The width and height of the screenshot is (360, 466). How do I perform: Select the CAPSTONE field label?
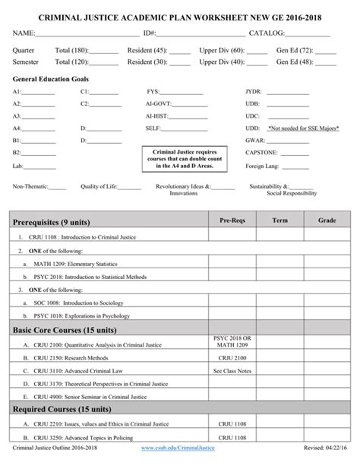[264, 153]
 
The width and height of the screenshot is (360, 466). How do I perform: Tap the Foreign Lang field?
[264, 165]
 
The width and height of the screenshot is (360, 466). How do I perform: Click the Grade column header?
[327, 220]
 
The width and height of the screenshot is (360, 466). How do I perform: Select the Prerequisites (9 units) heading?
[52, 222]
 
